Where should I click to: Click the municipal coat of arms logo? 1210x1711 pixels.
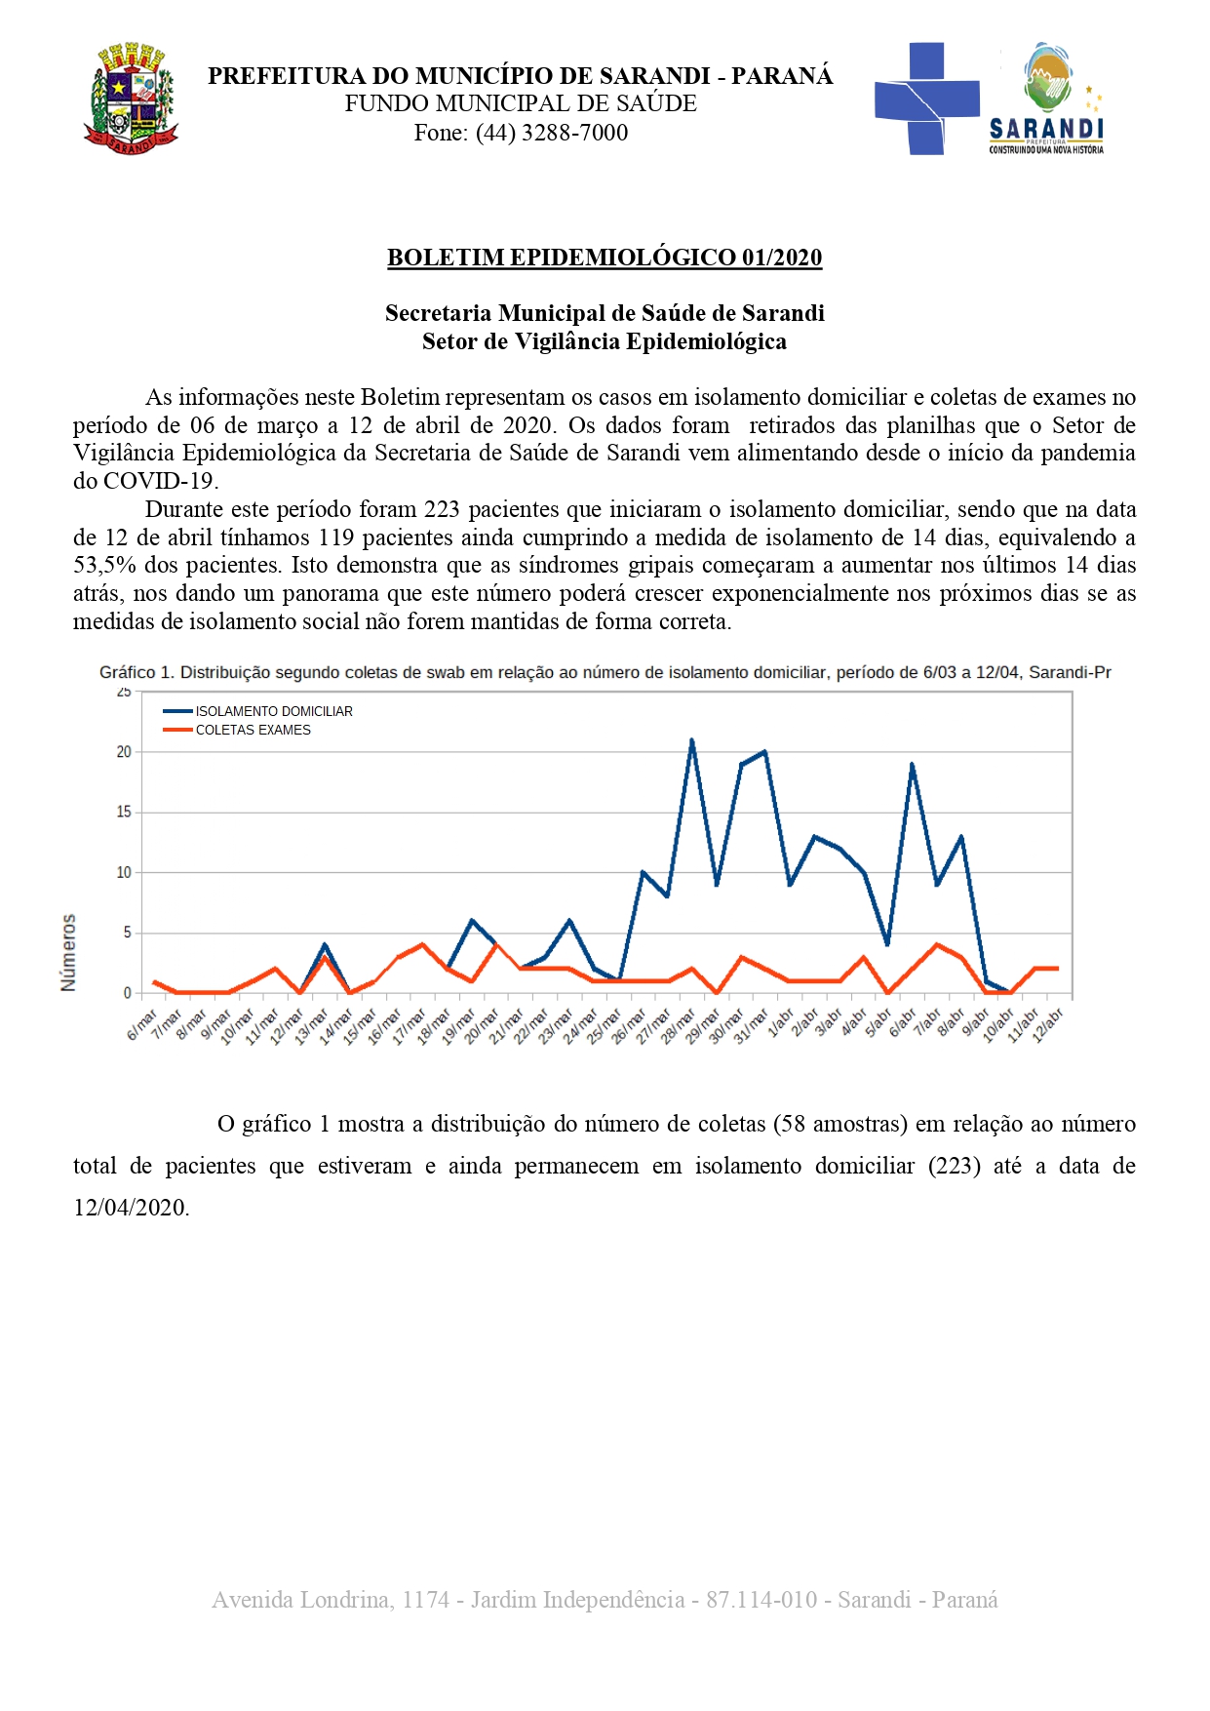click(131, 99)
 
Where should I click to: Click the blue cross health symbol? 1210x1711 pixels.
click(926, 99)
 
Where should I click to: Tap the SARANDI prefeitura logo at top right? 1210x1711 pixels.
click(1047, 99)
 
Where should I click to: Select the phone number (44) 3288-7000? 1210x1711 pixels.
click(551, 133)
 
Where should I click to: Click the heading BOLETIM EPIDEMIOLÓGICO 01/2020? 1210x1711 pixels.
click(605, 258)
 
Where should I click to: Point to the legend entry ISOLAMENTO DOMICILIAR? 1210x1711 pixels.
click(273, 711)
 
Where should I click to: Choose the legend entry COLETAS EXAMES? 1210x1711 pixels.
click(253, 730)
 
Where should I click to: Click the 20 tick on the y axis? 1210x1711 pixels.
click(124, 752)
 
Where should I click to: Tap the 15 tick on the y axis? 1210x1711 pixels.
click(124, 812)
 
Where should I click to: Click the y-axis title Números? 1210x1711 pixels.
click(68, 952)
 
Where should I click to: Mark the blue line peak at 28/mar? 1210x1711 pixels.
click(692, 740)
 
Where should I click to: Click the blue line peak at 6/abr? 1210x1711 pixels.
click(912, 765)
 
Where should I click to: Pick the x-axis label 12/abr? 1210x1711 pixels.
click(1047, 1026)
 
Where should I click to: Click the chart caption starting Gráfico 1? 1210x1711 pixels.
click(605, 672)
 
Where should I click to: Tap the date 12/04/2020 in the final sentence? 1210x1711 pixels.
click(131, 1208)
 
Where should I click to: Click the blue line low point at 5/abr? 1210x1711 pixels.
click(887, 944)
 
